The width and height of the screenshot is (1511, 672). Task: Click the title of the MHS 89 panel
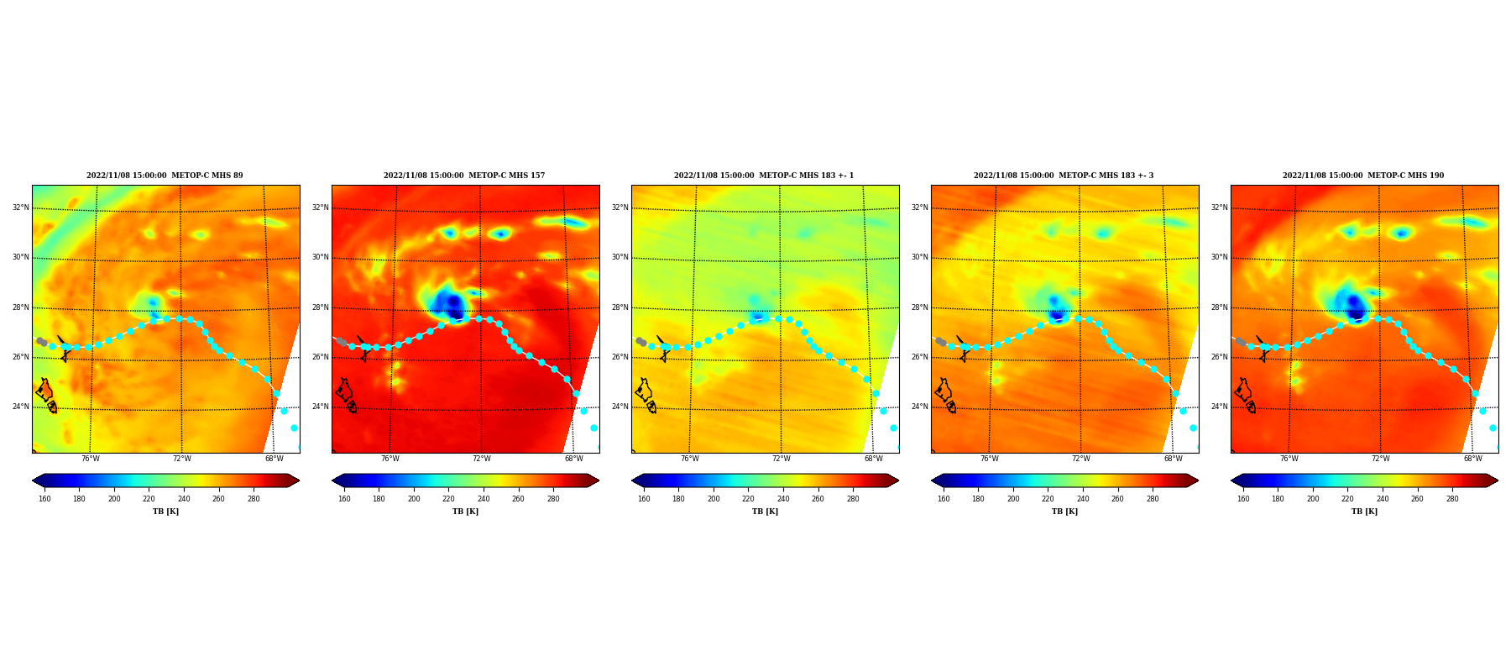click(165, 176)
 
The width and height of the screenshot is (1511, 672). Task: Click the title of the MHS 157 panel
click(464, 176)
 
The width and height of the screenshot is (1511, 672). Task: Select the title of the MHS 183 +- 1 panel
click(764, 176)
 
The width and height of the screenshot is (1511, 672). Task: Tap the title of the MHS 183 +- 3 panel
click(1064, 176)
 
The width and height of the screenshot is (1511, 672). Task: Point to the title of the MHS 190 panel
click(1363, 176)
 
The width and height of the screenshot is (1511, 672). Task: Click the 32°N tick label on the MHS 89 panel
click(20, 207)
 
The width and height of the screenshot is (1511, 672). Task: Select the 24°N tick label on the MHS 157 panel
click(320, 407)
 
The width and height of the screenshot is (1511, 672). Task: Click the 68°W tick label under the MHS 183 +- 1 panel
click(874, 459)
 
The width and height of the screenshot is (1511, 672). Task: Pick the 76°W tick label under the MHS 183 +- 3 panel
click(990, 459)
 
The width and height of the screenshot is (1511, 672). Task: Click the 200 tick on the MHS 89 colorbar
click(114, 499)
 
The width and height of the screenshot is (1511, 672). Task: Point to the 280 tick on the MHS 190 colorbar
click(1452, 499)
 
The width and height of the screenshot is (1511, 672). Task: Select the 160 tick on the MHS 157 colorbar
click(344, 499)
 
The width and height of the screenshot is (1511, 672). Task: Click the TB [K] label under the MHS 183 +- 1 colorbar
click(765, 512)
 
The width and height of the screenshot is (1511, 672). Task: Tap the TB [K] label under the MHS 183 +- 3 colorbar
click(1064, 512)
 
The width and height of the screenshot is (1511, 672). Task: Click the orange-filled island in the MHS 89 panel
click(44, 390)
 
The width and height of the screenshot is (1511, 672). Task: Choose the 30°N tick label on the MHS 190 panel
click(1219, 257)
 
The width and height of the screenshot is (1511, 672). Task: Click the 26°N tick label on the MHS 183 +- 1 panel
click(620, 357)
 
